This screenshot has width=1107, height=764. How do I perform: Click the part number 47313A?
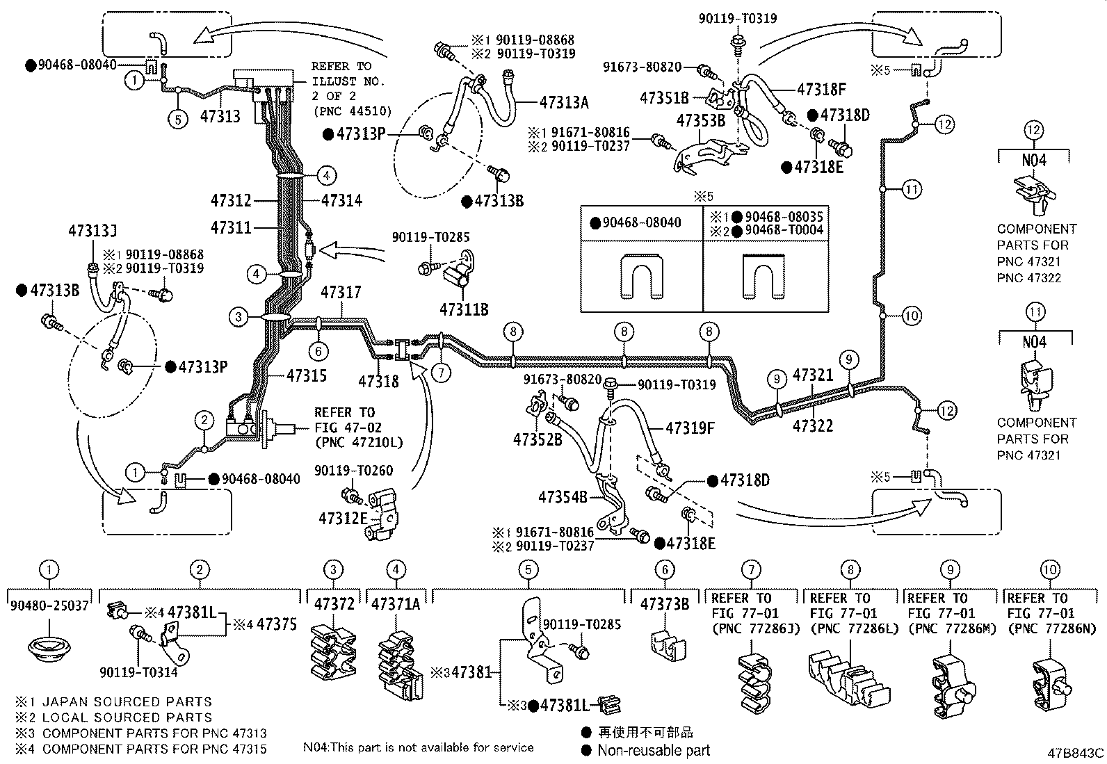[564, 103]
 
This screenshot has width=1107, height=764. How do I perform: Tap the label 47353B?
[701, 120]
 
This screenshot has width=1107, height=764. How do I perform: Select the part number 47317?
[341, 293]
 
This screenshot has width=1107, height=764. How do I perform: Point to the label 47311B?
[464, 310]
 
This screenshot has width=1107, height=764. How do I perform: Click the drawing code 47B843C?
[1076, 753]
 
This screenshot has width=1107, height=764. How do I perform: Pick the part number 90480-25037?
[49, 605]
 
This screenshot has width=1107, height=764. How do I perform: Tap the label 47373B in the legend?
[665, 604]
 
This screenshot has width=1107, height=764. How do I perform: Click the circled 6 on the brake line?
[318, 351]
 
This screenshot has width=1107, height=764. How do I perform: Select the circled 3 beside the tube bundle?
[239, 317]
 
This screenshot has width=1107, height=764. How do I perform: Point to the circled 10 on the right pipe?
[912, 316]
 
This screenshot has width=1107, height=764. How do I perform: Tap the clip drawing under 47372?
[334, 651]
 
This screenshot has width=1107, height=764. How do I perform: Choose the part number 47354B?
[563, 496]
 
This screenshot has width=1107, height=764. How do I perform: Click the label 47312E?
[343, 519]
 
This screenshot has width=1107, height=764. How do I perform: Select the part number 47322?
[813, 425]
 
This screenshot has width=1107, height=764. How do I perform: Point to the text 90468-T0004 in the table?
[784, 230]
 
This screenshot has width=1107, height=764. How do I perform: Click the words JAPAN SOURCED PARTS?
[127, 701]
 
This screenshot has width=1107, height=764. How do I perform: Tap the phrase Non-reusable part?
[654, 751]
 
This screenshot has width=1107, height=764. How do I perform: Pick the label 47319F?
[690, 428]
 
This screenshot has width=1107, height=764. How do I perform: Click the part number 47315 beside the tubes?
[307, 375]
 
